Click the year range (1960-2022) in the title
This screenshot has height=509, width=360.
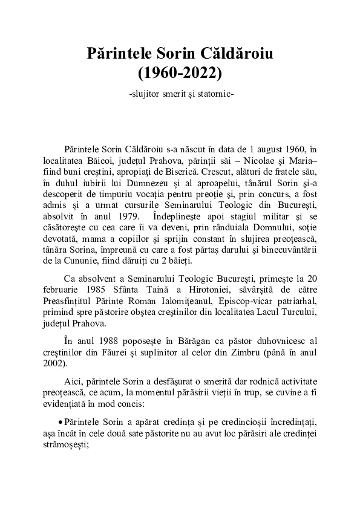pos(180,73)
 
